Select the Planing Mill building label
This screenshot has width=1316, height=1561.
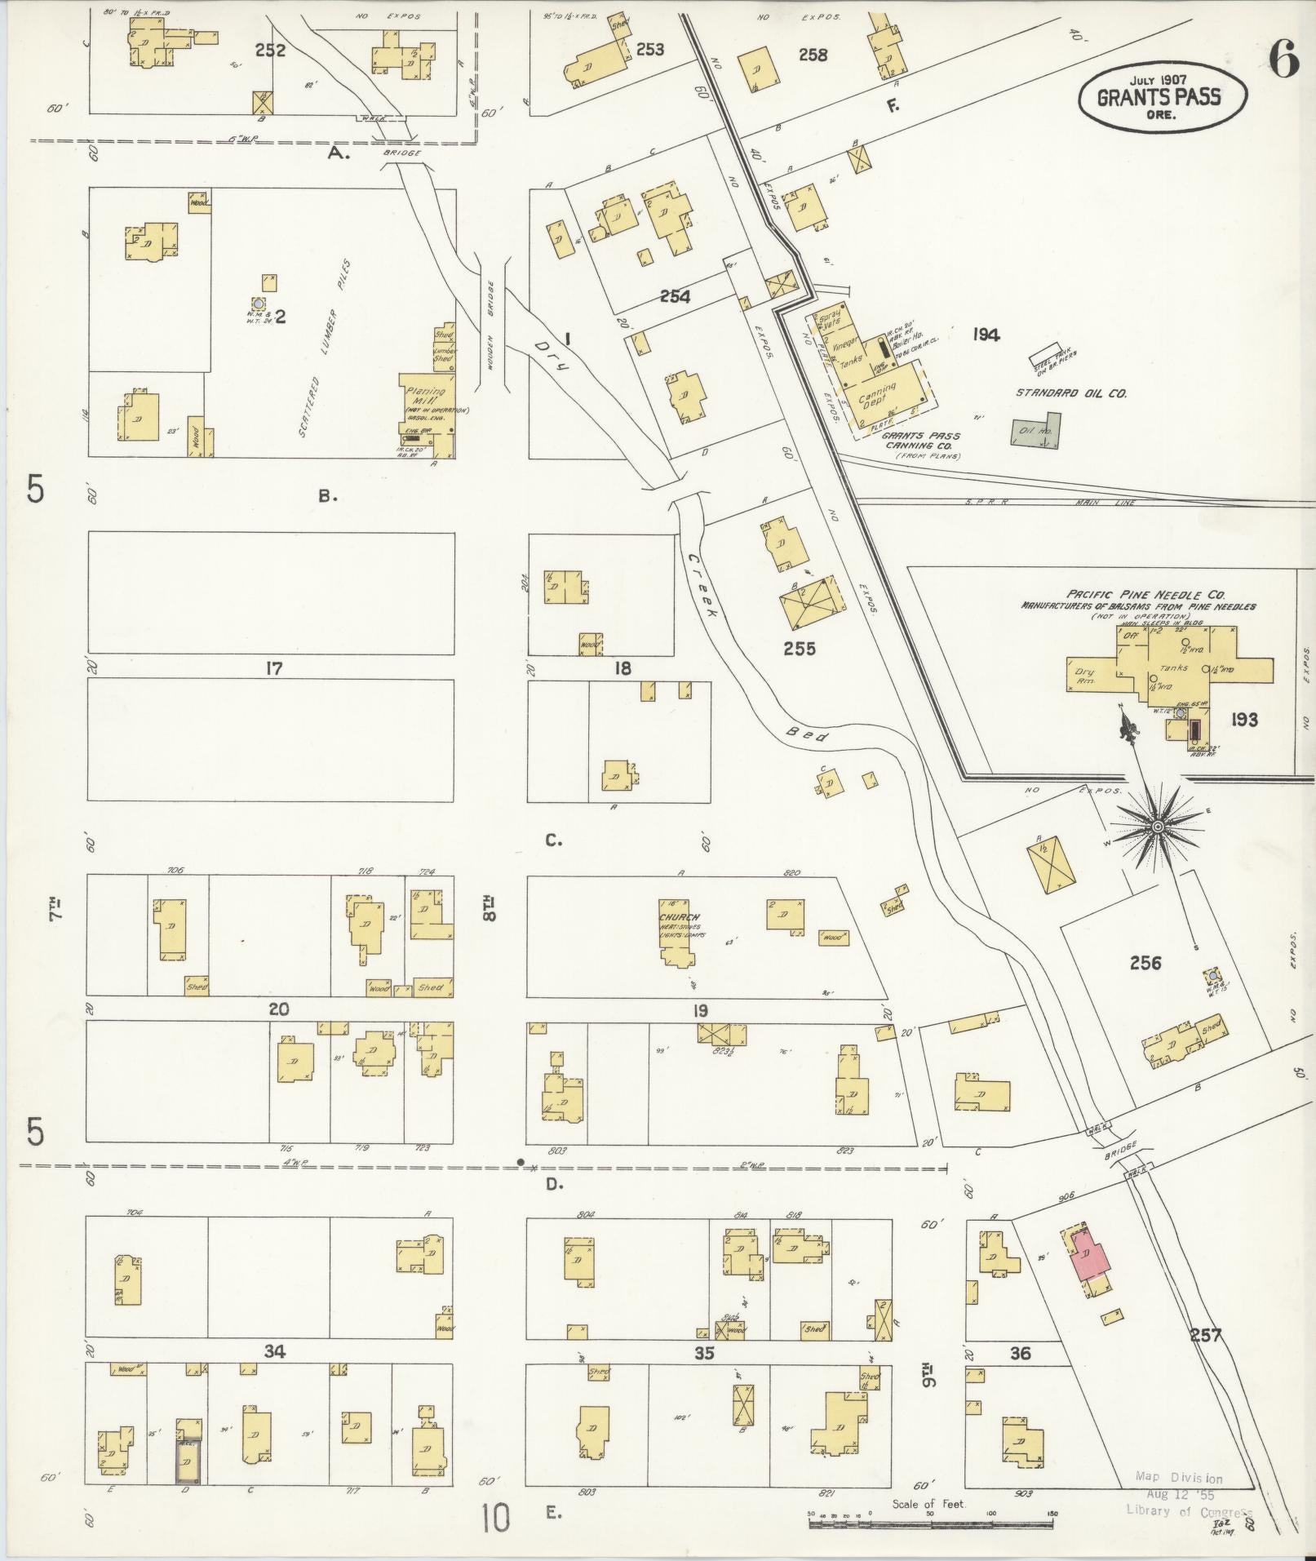point(425,396)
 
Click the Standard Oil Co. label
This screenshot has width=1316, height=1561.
point(1070,393)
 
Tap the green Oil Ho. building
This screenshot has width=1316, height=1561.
point(1035,431)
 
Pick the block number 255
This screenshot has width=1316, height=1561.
point(799,649)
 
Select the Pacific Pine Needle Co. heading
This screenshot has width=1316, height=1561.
point(1137,595)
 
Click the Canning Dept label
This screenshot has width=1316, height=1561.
point(878,394)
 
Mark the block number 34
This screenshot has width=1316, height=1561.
point(274,1352)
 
